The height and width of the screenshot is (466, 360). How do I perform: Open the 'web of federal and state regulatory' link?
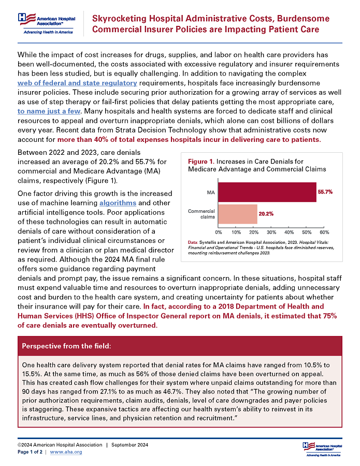click(x=77, y=83)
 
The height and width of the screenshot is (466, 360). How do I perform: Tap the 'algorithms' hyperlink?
click(x=118, y=203)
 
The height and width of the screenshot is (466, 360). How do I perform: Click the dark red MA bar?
click(x=267, y=192)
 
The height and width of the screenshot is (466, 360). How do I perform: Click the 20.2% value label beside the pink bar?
click(x=266, y=214)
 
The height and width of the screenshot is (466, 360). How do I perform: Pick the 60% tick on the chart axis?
click(x=325, y=231)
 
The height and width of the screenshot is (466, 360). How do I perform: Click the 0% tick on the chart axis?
click(x=218, y=231)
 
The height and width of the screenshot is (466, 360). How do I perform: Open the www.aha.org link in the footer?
click(x=66, y=452)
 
